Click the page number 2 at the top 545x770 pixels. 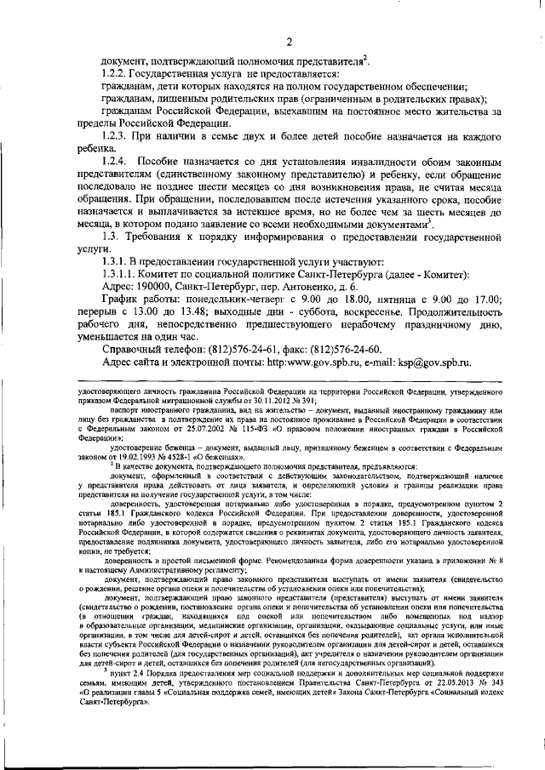(290, 43)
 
